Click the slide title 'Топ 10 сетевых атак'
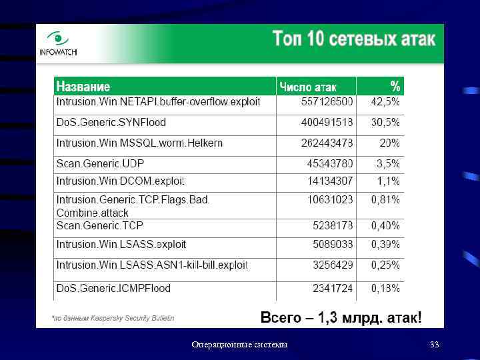coord(353,39)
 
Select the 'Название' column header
coord(83,86)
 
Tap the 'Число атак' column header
coord(308,87)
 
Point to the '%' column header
coord(395,86)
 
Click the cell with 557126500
coord(327,102)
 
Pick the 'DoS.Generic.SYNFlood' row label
coord(111,123)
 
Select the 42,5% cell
coord(385,102)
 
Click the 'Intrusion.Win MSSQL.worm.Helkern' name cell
coord(139,143)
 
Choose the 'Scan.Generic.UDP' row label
coord(100,163)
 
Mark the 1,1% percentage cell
coord(388,181)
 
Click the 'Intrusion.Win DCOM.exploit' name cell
coord(120,181)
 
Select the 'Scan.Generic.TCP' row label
coord(100,226)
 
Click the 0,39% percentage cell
coord(385,245)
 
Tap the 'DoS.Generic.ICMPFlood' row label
coord(113,289)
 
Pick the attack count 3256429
coord(333,265)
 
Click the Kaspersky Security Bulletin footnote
coord(113,319)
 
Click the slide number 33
coord(435,345)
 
